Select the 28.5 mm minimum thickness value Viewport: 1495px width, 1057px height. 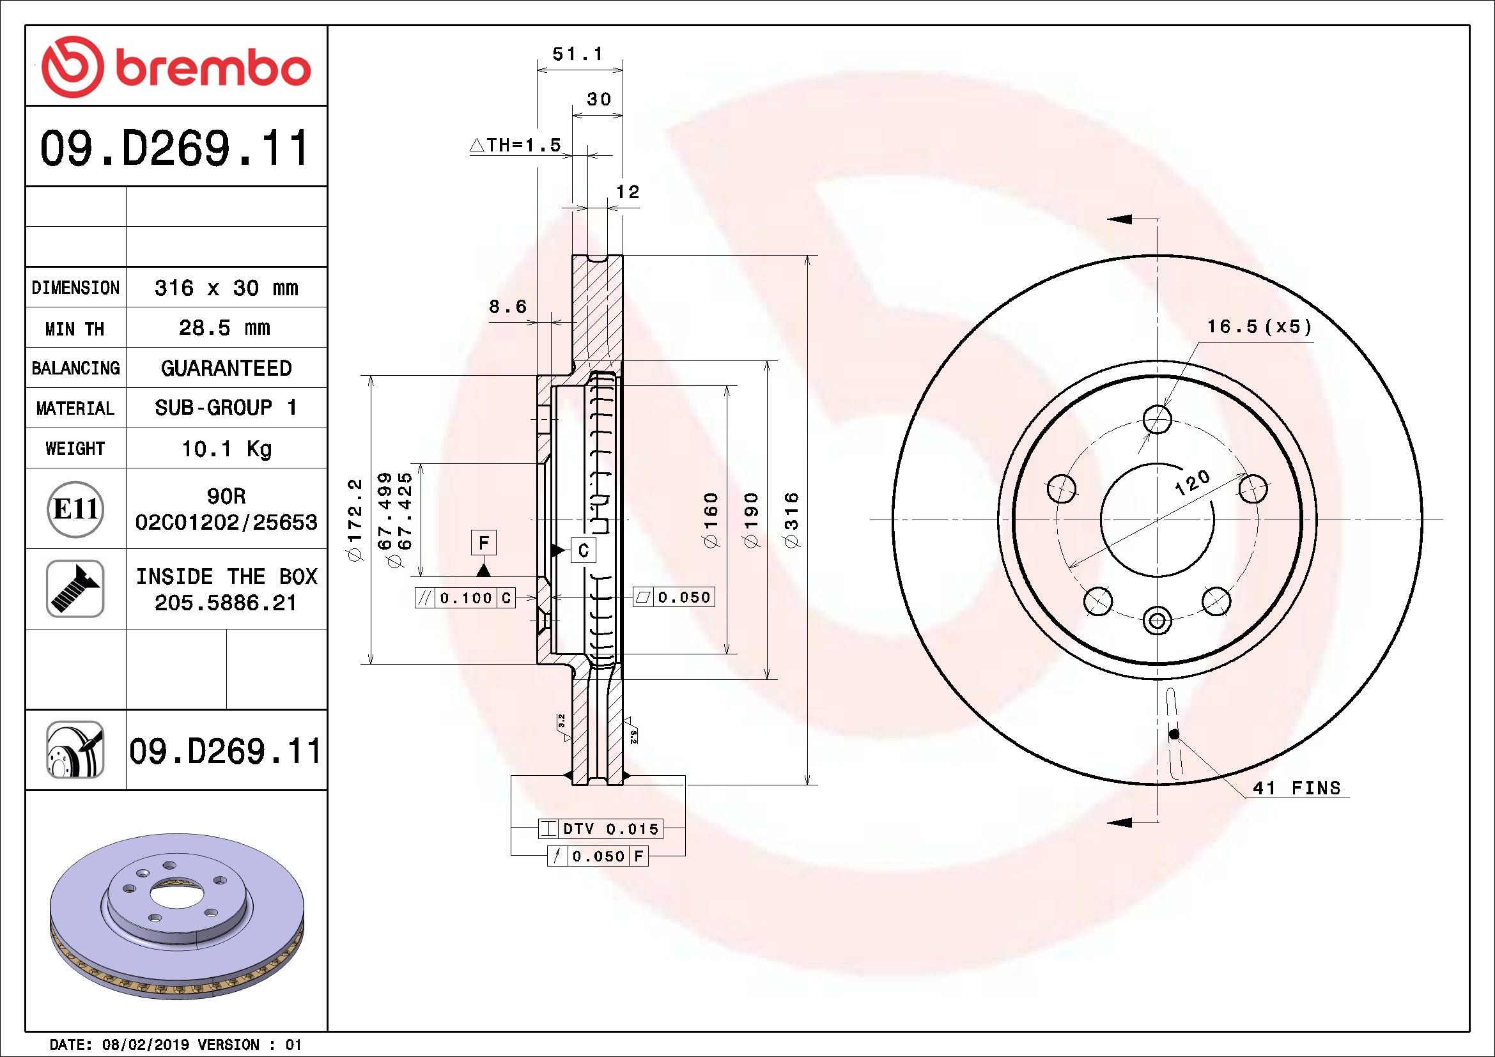pyautogui.click(x=224, y=327)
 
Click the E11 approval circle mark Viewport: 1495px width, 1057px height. pyautogui.click(x=75, y=508)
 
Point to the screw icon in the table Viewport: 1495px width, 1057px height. pyautogui.click(x=75, y=589)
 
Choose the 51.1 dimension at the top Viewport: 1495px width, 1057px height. pyautogui.click(x=578, y=54)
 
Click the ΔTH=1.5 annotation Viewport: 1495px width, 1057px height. pyautogui.click(x=515, y=145)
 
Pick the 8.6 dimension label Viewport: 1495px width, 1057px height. pyautogui.click(x=508, y=306)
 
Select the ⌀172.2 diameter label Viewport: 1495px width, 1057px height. pyautogui.click(x=354, y=520)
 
